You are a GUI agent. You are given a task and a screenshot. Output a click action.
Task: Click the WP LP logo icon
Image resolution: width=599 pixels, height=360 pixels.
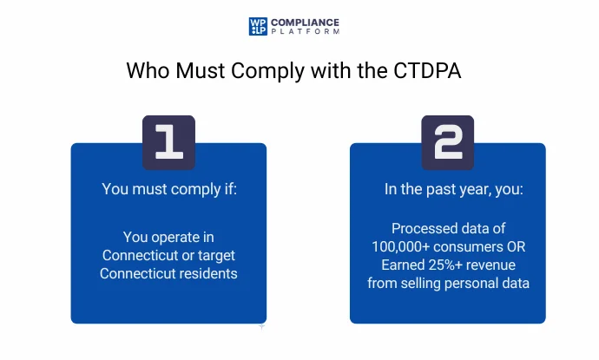258,26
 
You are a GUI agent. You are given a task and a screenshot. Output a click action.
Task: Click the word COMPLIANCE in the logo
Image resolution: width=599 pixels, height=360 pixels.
305,22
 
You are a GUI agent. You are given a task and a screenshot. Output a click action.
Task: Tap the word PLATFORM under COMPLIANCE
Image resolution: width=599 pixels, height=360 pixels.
305,32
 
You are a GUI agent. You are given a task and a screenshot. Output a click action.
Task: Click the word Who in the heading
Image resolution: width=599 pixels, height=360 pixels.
144,70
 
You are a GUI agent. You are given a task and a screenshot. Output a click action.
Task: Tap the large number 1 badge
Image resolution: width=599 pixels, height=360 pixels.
168,141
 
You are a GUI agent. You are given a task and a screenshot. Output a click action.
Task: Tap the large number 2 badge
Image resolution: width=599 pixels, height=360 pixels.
448,141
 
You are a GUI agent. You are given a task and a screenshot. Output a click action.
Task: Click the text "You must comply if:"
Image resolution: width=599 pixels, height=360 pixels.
168,188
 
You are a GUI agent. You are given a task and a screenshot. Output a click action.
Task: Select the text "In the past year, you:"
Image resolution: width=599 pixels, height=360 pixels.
448,188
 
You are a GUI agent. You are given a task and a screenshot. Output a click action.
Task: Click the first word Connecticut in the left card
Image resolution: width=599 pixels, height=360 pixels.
142,255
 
